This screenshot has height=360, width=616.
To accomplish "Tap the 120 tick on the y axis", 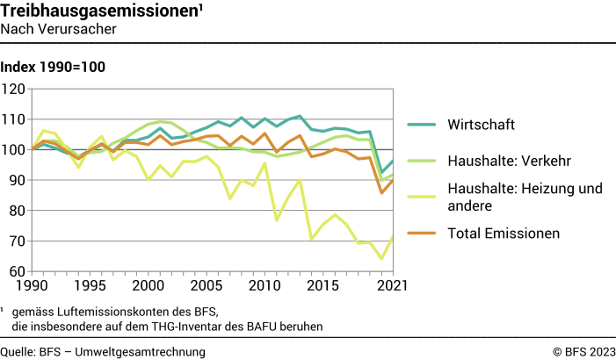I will (14, 89).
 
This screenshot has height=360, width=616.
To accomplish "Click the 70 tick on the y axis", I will (18, 241).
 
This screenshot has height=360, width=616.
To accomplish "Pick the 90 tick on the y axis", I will (18, 180).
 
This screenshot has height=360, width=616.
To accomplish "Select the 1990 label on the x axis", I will (33, 286).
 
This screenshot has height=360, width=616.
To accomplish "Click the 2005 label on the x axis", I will (206, 286).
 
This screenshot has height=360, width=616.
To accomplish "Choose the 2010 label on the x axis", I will (264, 286).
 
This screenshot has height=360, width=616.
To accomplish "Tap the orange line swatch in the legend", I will (424, 234).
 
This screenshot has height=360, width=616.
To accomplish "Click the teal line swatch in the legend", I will (424, 123).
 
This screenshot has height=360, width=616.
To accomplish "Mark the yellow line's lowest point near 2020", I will (380, 258).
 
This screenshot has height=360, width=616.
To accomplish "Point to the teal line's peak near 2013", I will (300, 116).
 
